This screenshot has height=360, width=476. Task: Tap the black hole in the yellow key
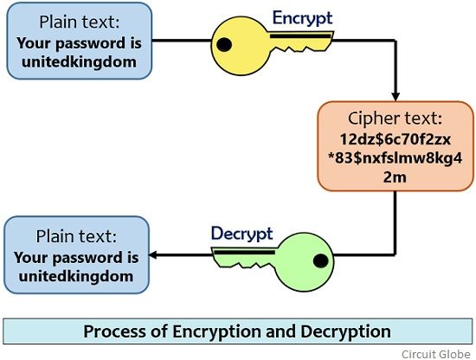click(x=225, y=43)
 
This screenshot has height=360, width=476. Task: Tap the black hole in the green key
click(x=320, y=259)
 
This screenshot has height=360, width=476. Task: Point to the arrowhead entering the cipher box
click(x=395, y=94)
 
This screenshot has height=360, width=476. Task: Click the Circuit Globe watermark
click(x=434, y=353)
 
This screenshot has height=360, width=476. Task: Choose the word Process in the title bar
click(x=116, y=331)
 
